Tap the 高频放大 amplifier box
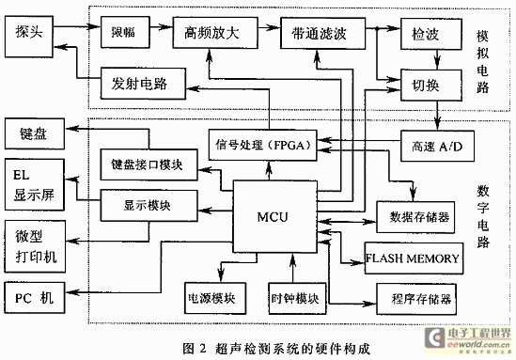coord(206,33)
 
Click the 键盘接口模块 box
coord(148,165)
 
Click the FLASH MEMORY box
coord(413,257)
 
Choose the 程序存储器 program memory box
coord(414,298)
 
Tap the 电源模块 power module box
coord(216,299)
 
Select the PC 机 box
coord(35,298)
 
